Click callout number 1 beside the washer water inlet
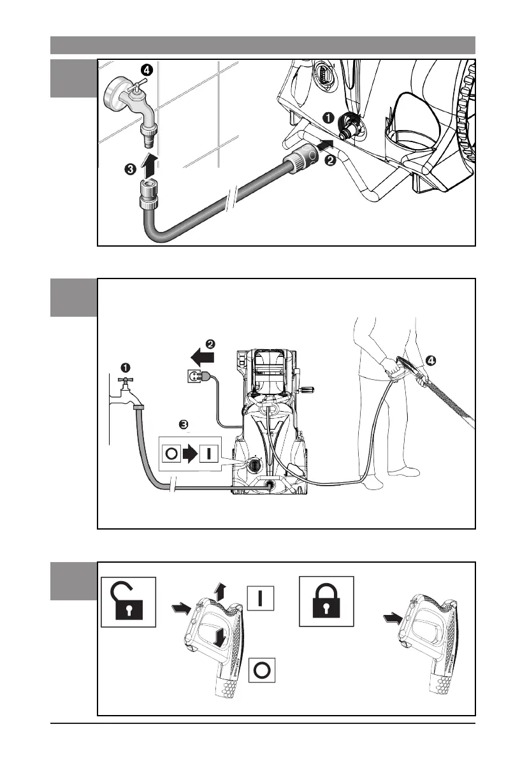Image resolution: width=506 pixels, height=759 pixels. click(x=328, y=117)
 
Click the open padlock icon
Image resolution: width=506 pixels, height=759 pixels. click(x=128, y=602)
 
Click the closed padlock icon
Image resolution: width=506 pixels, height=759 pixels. click(x=327, y=602)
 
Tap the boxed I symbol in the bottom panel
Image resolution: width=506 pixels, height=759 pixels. click(x=261, y=598)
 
